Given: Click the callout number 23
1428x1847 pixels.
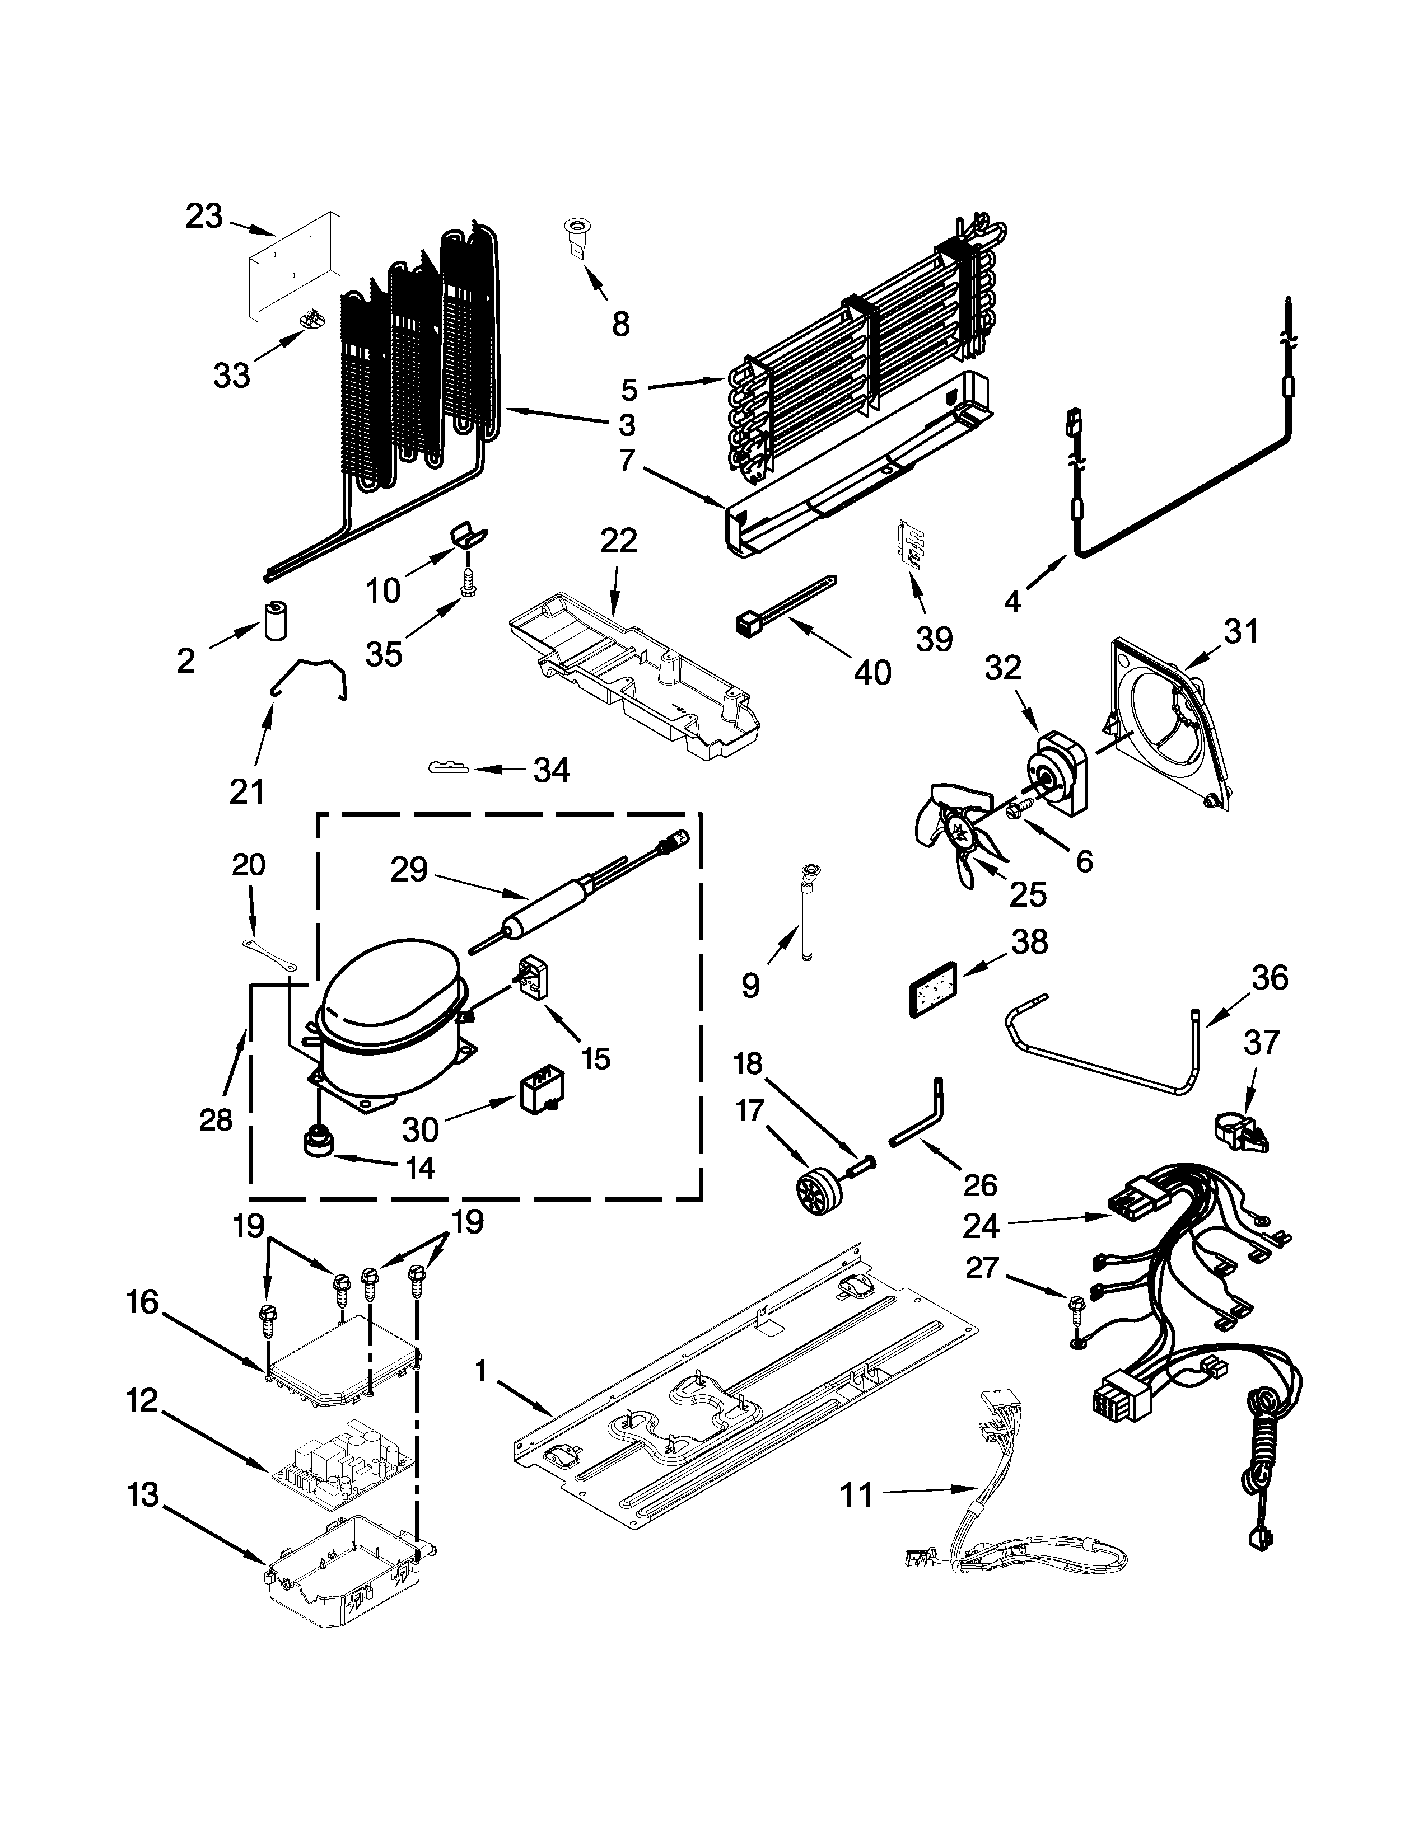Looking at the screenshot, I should click(204, 217).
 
